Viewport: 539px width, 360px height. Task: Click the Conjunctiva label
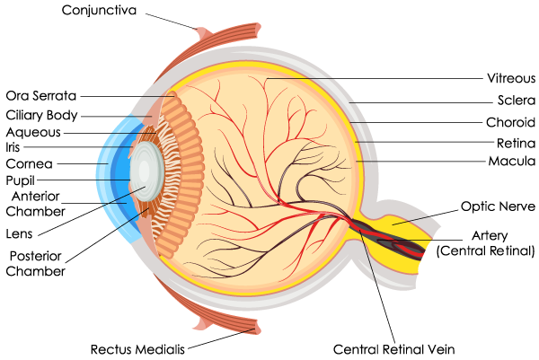click(x=99, y=10)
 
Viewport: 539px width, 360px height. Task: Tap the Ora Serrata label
click(x=41, y=96)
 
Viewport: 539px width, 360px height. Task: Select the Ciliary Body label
click(x=41, y=116)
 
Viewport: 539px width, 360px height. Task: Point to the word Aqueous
click(x=33, y=133)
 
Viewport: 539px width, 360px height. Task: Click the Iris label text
click(x=13, y=147)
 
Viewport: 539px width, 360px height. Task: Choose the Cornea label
click(x=30, y=164)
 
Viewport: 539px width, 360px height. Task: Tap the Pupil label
click(x=21, y=180)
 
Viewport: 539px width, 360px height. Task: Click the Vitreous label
click(x=511, y=78)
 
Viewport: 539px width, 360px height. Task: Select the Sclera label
click(x=517, y=101)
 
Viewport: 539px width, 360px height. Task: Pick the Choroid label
click(x=510, y=122)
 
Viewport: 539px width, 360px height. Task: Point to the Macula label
click(x=512, y=161)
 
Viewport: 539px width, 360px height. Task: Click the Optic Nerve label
click(x=498, y=206)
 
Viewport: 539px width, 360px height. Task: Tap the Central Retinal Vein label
click(x=394, y=350)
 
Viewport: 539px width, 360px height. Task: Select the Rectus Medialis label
click(x=137, y=350)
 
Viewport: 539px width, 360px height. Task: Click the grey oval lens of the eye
click(x=147, y=171)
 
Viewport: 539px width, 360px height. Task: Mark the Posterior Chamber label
click(x=35, y=264)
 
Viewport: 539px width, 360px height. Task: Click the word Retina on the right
click(x=516, y=144)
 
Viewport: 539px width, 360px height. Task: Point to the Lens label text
click(x=19, y=234)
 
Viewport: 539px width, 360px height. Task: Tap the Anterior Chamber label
click(x=35, y=204)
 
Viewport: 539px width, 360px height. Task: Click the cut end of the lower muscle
click(x=259, y=327)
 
